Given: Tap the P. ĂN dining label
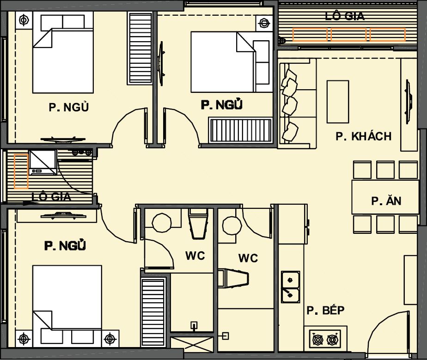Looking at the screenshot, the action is (386, 201).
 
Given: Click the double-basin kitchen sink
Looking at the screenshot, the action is (291, 287).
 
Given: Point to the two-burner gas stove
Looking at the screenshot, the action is (325, 339).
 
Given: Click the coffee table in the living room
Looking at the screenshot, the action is (338, 102).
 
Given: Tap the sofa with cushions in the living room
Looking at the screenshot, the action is (298, 104).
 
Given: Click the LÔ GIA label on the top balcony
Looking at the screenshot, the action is (344, 16).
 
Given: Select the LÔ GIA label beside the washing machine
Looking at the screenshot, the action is (51, 196).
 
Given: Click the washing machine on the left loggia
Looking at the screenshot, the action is (43, 162).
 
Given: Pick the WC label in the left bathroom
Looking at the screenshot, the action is (195, 256).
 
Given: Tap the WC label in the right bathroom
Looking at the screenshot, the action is (248, 258).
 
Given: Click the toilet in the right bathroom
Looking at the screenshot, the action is (233, 278).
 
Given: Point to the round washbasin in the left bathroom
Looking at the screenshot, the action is (162, 223).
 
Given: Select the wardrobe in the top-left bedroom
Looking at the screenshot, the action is (140, 48).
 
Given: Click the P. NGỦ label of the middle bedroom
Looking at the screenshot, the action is (222, 104).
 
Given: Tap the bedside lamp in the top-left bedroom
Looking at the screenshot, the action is (24, 20).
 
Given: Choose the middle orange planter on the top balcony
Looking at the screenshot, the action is (349, 34).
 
